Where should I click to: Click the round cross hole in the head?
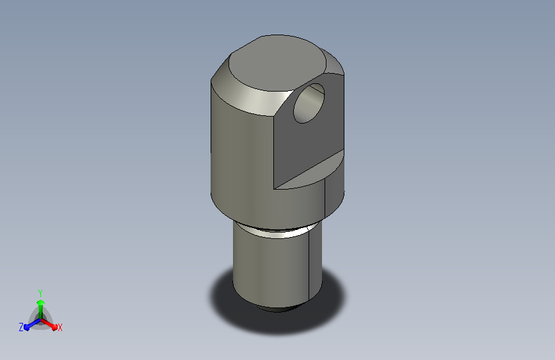(x=309, y=104)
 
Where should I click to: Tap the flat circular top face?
(x=277, y=63)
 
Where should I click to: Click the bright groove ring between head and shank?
(x=277, y=231)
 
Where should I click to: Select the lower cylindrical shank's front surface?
(x=271, y=269)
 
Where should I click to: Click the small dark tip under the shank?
(x=277, y=309)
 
